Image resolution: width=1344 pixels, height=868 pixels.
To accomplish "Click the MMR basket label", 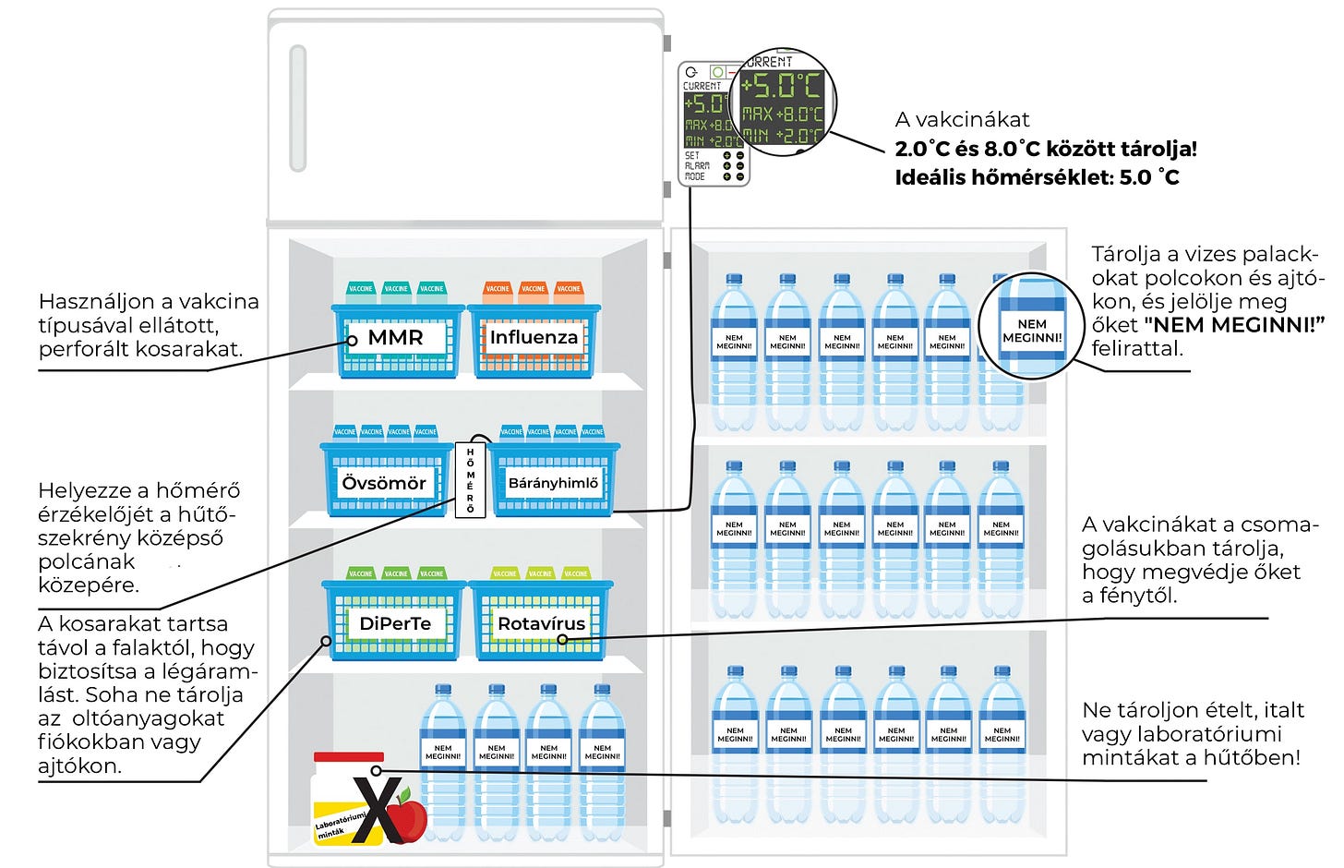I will click(395, 338).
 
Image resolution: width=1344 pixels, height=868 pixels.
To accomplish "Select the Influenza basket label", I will click(534, 338).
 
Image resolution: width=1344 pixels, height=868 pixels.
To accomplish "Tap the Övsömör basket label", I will click(384, 483).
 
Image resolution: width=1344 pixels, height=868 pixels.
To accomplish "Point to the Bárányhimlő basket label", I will click(553, 483).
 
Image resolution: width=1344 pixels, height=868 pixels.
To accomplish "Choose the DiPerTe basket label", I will click(395, 623).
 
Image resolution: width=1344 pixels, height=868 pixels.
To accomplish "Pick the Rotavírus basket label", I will click(541, 623).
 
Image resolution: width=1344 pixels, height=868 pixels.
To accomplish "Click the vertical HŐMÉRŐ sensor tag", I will click(470, 479).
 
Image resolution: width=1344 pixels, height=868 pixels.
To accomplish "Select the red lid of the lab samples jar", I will click(348, 763).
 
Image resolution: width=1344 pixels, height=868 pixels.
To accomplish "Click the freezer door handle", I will click(298, 108).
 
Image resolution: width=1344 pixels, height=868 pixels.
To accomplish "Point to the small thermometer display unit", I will click(713, 126).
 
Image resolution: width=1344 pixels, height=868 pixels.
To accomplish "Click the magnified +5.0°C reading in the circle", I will click(782, 86).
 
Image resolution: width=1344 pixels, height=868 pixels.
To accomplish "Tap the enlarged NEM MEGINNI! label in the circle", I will click(1032, 331).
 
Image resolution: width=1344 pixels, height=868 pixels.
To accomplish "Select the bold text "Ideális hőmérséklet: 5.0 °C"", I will click(1037, 177).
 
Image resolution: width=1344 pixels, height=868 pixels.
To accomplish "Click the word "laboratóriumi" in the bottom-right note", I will click(1200, 734).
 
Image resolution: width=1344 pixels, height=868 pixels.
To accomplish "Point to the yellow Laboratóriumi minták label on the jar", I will click(340, 826).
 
